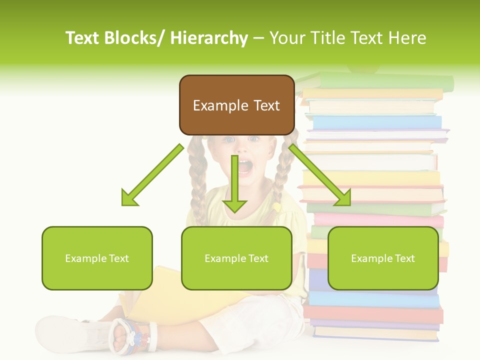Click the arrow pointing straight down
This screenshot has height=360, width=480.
pyautogui.click(x=235, y=185)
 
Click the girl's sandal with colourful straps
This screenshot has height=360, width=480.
pyautogui.click(x=132, y=334)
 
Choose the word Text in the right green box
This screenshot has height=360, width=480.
pyautogui.click(x=404, y=258)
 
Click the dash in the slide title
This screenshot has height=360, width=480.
pyautogui.click(x=258, y=38)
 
